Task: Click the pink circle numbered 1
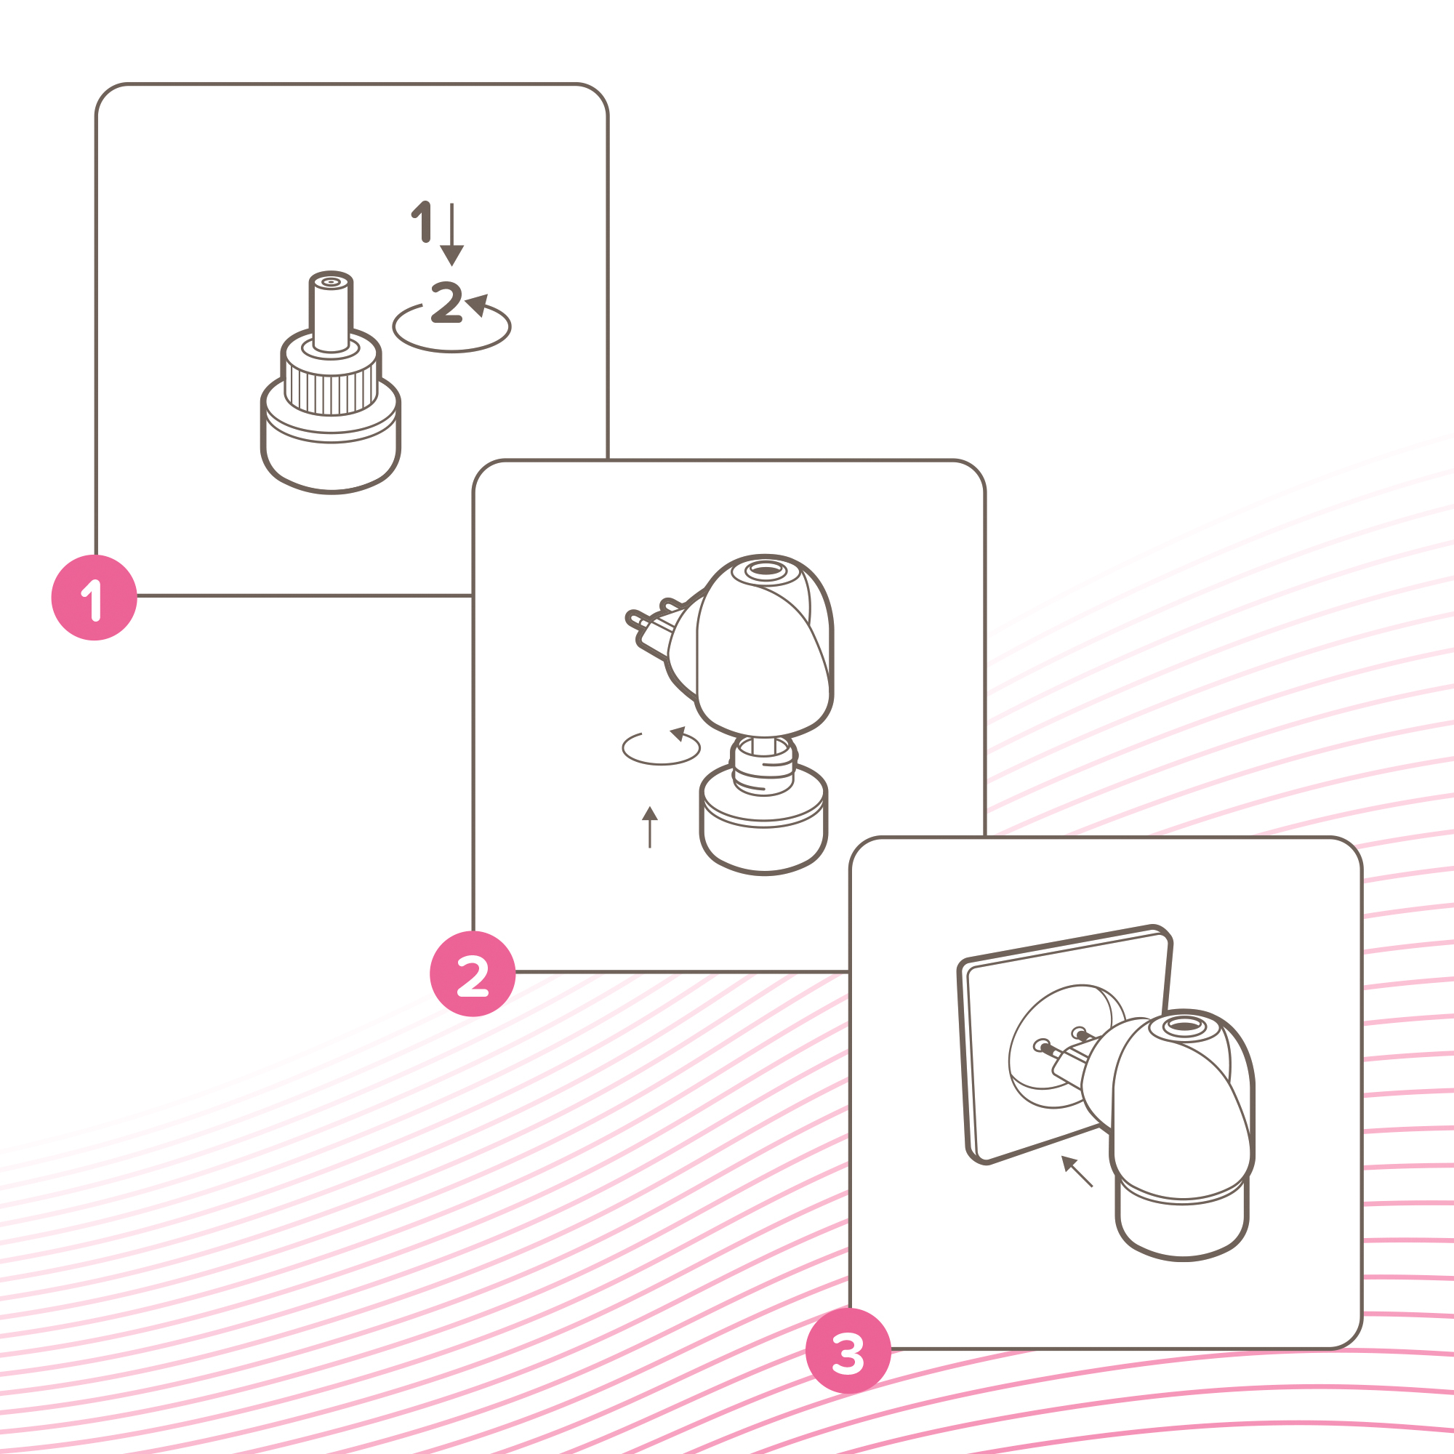94,598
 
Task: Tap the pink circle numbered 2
473,974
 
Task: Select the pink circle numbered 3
848,1351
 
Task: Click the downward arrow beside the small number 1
451,234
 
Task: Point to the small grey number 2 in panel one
446,302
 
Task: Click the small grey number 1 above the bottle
422,222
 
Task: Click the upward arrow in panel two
650,827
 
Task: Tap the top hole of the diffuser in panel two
766,571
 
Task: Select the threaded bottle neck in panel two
764,766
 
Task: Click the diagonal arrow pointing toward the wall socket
1077,1172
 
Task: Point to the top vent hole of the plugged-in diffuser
1185,1027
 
